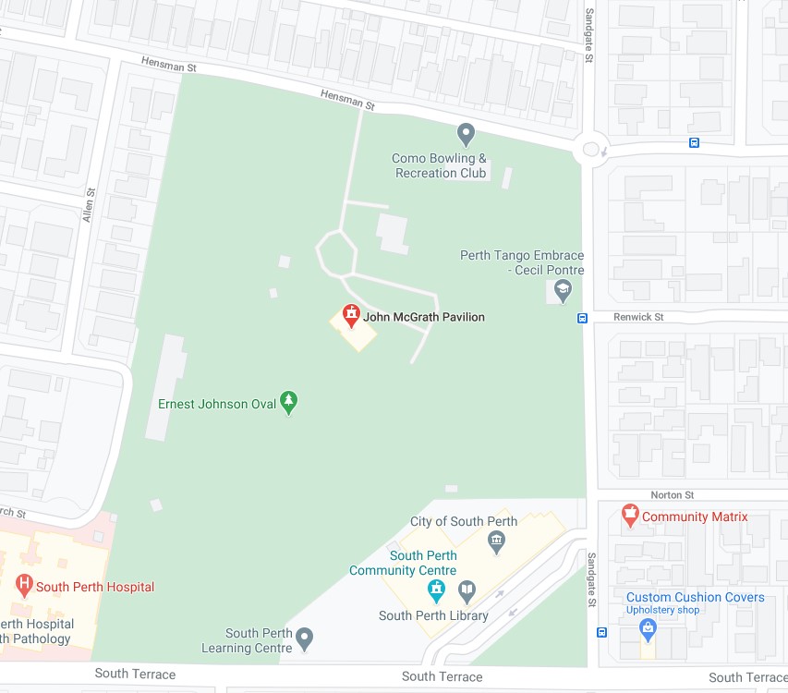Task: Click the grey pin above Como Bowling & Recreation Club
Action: (x=467, y=135)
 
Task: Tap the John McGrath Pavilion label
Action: (x=424, y=317)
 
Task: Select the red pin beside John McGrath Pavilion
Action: (x=351, y=316)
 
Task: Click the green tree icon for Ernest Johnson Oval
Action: (x=290, y=401)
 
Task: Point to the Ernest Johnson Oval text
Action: (x=217, y=404)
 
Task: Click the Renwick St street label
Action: (x=639, y=317)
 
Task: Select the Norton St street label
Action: (x=672, y=495)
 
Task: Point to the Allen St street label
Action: (x=89, y=205)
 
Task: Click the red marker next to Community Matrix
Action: (x=630, y=515)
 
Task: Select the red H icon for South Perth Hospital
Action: (x=23, y=585)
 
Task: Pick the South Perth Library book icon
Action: (x=468, y=590)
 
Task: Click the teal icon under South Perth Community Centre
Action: (x=437, y=590)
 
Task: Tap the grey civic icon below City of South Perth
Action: (x=497, y=540)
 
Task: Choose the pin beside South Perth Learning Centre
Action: (x=305, y=638)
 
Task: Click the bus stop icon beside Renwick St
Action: (x=583, y=319)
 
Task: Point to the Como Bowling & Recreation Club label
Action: (x=439, y=166)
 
